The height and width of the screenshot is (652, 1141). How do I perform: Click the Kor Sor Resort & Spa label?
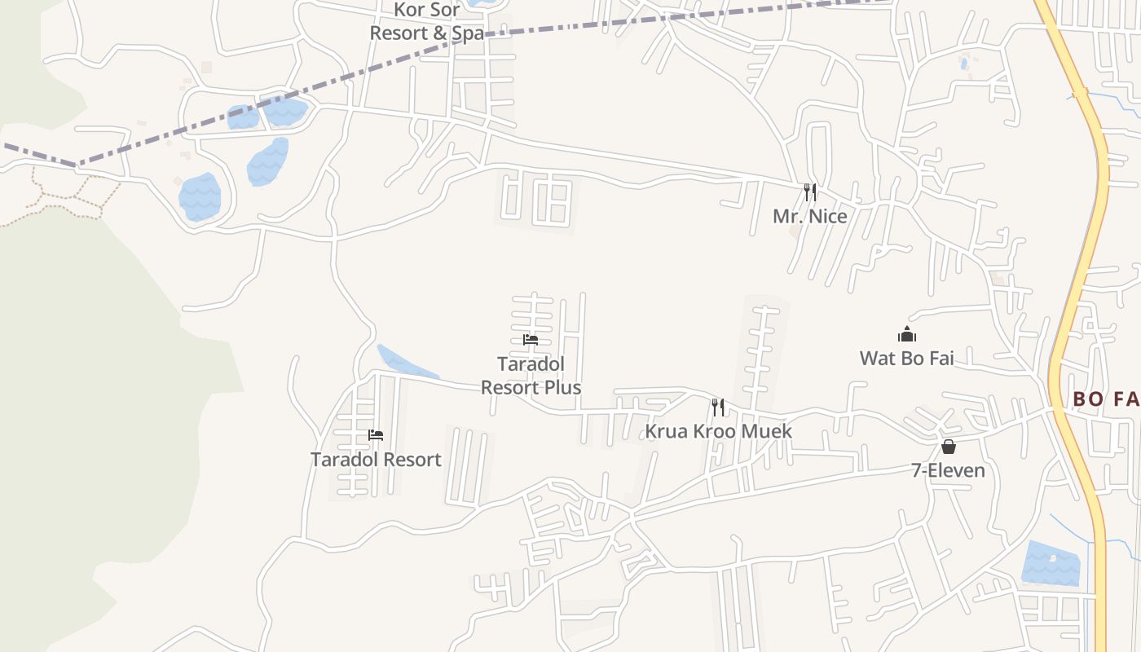click(427, 21)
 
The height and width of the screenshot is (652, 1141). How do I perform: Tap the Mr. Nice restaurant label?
click(809, 216)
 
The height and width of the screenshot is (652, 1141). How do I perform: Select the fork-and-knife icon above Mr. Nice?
click(809, 192)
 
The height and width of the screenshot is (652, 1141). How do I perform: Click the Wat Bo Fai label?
click(906, 358)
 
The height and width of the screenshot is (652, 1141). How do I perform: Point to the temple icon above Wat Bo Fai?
click(906, 334)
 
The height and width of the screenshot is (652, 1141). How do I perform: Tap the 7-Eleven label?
click(948, 470)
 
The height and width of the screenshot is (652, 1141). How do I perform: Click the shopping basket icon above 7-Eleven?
click(948, 447)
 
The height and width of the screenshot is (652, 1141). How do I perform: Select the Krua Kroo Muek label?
click(718, 430)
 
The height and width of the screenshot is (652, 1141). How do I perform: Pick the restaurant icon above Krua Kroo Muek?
click(717, 407)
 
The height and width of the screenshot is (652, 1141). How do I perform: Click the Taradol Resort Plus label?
click(531, 376)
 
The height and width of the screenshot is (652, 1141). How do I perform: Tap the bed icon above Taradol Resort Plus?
click(531, 340)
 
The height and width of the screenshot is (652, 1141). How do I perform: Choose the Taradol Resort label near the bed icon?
click(376, 459)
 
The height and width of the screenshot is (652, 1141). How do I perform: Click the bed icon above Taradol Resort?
click(375, 435)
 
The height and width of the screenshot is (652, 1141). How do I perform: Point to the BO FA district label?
click(1105, 399)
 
